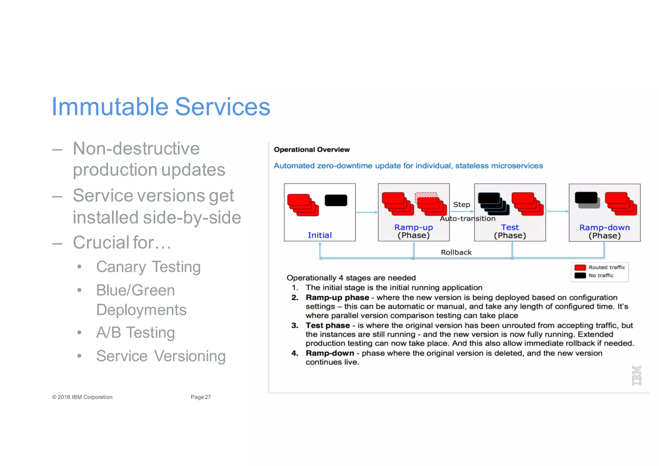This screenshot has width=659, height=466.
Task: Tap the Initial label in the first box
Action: point(320,235)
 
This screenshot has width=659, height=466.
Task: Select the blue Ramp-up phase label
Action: point(413,227)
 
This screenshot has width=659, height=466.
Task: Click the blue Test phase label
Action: point(510,227)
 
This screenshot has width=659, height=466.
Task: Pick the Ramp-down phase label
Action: point(604,227)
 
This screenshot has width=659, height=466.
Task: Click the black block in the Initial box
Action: point(336,200)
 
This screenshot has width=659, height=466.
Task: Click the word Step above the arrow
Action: point(461,204)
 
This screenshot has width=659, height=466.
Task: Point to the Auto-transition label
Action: point(468,218)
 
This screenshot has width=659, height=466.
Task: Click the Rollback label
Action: point(456,252)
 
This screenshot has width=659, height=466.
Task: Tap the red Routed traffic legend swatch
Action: point(580,268)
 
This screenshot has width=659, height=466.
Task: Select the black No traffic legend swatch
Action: point(580,275)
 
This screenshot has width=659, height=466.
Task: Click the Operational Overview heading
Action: point(311,149)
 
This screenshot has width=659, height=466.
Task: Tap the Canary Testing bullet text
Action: point(148,267)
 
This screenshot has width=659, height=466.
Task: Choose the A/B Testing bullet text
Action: point(135,332)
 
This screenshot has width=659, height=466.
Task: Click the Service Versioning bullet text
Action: point(161,356)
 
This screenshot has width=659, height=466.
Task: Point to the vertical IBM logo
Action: point(636,375)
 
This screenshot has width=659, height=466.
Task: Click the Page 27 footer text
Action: point(200,397)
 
